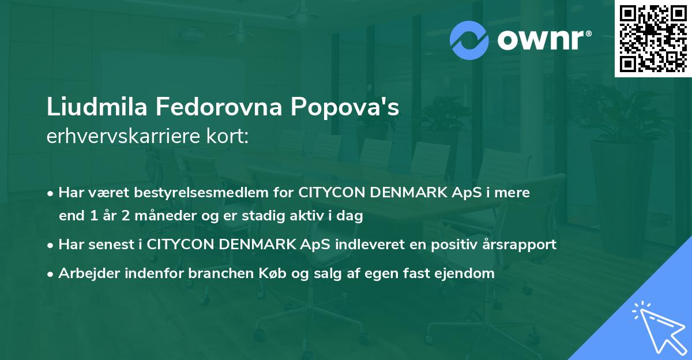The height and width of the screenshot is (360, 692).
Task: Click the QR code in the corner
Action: pos(653,39)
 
